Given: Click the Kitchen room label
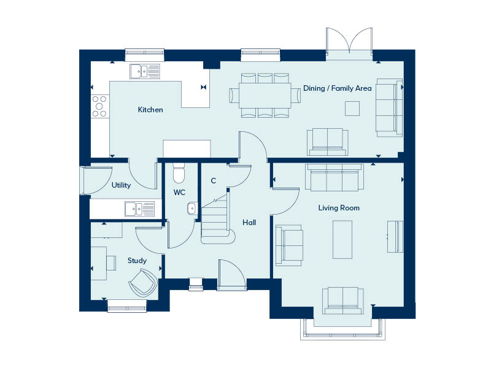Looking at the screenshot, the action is [150, 110].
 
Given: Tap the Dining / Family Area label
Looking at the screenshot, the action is [337, 88].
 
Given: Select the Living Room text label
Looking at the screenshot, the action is [339, 208].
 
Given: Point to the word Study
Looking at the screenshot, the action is [137, 261].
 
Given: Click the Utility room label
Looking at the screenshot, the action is [121, 185].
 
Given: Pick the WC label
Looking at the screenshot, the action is [179, 193].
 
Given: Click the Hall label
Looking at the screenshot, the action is [249, 223].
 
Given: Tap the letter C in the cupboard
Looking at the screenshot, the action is [213, 181].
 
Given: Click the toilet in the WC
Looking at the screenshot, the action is [179, 173].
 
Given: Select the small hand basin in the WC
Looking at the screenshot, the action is [192, 209].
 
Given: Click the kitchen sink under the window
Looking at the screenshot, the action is [145, 71].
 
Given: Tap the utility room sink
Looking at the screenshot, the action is [140, 209].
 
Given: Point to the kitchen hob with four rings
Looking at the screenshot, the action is [99, 106].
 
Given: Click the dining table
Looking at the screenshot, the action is [265, 96].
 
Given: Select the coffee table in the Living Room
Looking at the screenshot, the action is [342, 239].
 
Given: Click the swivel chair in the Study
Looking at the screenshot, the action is [143, 283].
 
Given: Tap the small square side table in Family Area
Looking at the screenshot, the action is [352, 109].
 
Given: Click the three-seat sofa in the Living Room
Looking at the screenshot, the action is [334, 177].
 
